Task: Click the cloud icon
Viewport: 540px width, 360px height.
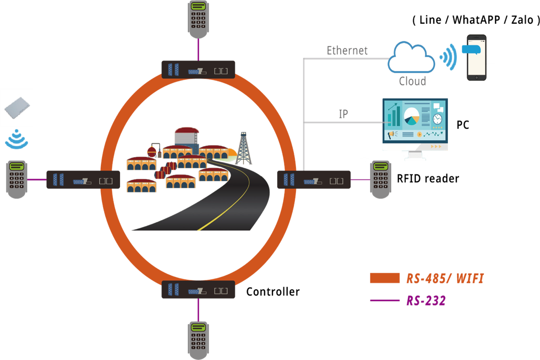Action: (x=412, y=58)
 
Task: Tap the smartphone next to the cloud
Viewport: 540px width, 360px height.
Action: (x=477, y=57)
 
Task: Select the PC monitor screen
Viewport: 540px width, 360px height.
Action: (x=415, y=121)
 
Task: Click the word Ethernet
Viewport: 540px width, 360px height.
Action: (x=347, y=50)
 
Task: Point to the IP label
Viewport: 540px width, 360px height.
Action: (x=343, y=114)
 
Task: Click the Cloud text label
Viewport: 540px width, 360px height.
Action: (x=412, y=81)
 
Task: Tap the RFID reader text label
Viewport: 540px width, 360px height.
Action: (x=427, y=179)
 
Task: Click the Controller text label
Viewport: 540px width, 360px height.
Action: (x=273, y=292)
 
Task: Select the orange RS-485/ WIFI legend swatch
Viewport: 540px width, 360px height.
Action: (x=385, y=278)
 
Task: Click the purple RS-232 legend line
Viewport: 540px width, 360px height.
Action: (x=385, y=300)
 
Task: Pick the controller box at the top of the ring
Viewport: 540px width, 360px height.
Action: (x=198, y=70)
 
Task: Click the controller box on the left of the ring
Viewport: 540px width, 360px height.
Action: (x=83, y=180)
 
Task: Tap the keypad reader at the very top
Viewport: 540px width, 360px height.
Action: (x=198, y=19)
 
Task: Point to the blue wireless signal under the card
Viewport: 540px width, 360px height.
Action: (x=17, y=140)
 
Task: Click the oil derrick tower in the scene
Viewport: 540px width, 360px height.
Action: (x=243, y=148)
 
